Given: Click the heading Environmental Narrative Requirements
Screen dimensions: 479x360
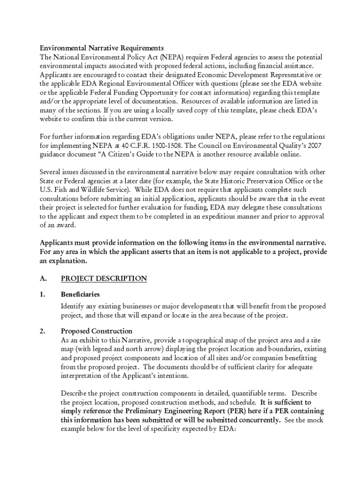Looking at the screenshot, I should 101,48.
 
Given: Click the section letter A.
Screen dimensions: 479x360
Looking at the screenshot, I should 43,279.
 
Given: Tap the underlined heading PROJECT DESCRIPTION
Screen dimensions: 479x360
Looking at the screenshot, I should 104,279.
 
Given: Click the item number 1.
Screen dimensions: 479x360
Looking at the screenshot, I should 42,295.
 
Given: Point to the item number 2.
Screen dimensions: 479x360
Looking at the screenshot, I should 42,331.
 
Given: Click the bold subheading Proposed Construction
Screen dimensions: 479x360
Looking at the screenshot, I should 96,331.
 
